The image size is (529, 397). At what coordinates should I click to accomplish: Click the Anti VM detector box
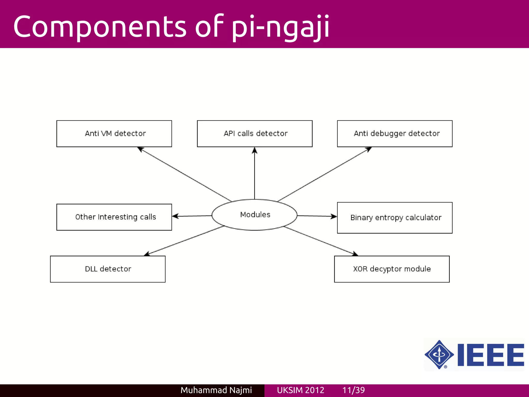[x=114, y=134]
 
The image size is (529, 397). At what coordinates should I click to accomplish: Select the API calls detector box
[x=255, y=134]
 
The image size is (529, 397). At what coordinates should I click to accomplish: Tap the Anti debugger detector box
[x=395, y=134]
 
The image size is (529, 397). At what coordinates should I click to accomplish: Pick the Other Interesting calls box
[x=114, y=217]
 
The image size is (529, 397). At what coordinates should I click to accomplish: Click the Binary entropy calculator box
[x=395, y=218]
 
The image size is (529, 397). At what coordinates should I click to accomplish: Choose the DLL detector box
[x=108, y=269]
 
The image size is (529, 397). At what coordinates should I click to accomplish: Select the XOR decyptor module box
[x=392, y=269]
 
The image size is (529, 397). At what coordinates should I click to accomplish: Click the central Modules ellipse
[x=255, y=215]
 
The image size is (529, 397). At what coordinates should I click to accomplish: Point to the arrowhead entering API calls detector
[x=255, y=150]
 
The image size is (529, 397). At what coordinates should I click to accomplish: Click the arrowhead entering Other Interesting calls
[x=175, y=216]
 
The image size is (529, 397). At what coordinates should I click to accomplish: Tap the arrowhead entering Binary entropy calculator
[x=334, y=216]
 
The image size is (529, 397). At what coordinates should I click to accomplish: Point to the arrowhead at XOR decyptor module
[x=355, y=254]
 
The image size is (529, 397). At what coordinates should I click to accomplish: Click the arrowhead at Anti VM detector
[x=140, y=149]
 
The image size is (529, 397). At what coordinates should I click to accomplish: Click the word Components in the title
[x=100, y=27]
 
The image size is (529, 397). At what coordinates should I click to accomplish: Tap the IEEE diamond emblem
[x=439, y=355]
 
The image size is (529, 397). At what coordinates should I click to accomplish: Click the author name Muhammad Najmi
[x=216, y=390]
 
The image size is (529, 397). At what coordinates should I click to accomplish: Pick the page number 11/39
[x=353, y=390]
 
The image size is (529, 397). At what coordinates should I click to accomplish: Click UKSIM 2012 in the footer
[x=300, y=390]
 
